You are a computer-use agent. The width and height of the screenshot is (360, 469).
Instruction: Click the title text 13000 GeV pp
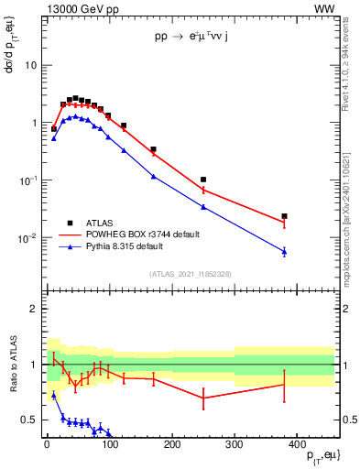pos(80,8)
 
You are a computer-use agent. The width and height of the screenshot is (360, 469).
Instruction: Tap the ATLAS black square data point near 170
pos(153,149)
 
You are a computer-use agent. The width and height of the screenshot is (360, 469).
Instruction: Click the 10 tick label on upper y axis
pos(30,65)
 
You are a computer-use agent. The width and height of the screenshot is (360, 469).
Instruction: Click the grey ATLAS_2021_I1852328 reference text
pos(191,274)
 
